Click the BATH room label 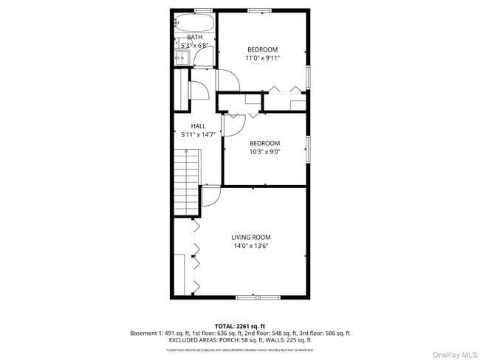tap(194, 37)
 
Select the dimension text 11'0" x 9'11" tap(263, 58)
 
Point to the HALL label tap(198, 126)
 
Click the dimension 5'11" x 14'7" tap(198, 135)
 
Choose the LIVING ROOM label tap(251, 237)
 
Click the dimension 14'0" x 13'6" tap(251, 246)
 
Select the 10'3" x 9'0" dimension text tap(264, 152)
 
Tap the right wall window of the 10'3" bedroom tap(308, 148)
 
